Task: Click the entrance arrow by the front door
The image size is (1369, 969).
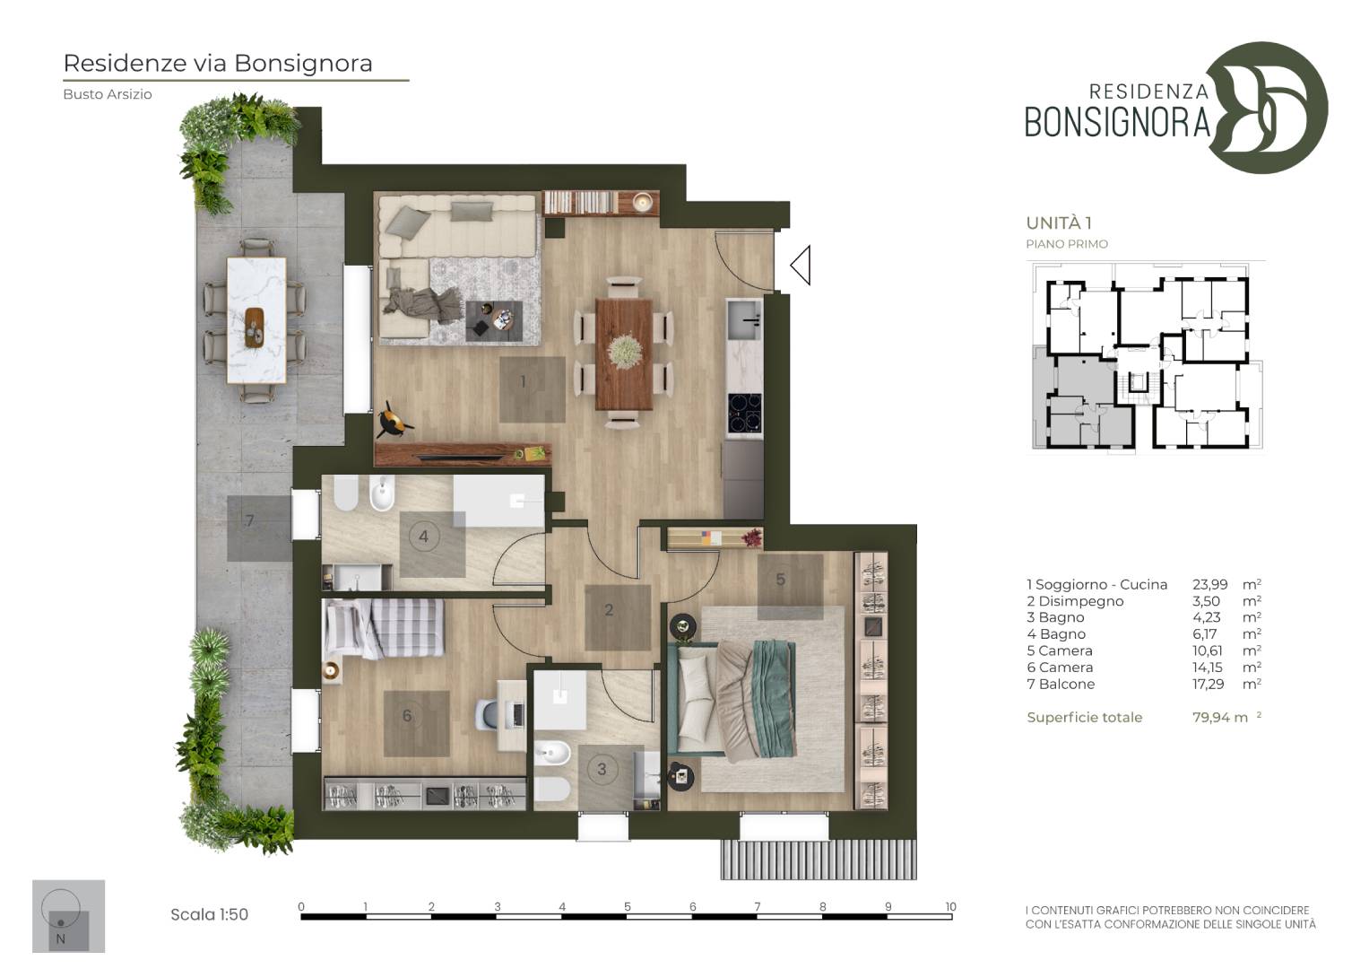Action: coord(801,265)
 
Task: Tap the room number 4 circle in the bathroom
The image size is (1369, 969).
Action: coord(423,537)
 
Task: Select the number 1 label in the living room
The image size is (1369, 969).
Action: coord(523,381)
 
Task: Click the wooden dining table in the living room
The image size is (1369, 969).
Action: coord(624,354)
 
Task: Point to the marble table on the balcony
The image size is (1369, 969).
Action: coord(256,320)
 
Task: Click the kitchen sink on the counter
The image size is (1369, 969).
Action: coord(744,319)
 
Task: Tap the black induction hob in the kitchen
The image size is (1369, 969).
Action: coord(745,413)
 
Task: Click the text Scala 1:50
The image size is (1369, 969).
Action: coord(209,914)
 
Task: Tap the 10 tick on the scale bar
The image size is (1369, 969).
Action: coord(950,906)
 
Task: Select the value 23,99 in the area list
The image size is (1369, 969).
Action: coord(1209,584)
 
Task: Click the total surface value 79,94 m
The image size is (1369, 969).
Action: coord(1220,717)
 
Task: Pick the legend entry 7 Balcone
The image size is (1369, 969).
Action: coord(1061,684)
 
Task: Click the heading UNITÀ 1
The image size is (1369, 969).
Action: coord(1059,223)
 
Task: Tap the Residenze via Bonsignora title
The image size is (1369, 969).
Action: coord(218,64)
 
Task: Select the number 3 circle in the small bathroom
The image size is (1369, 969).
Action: coord(602,769)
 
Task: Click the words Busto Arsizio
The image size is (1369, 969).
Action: coord(108,94)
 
